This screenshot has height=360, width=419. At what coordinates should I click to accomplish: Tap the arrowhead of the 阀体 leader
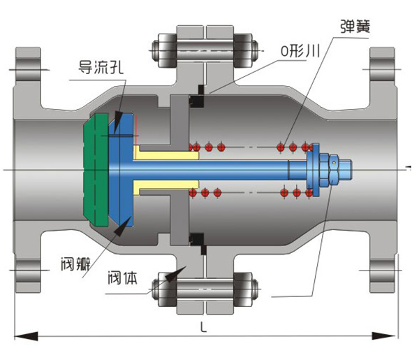pyautogui.click(x=166, y=274)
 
